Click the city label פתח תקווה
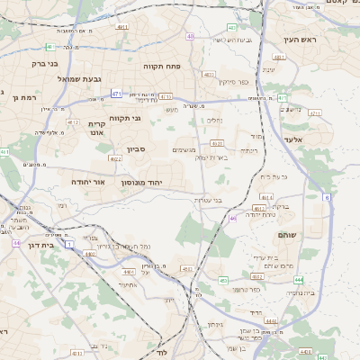(163, 67)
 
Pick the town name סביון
(136, 149)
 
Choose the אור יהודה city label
(88, 182)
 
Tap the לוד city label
(161, 354)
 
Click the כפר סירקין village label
(233, 82)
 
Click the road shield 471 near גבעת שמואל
(116, 93)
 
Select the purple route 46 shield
(232, 219)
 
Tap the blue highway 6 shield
(326, 196)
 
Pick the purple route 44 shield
(16, 243)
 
